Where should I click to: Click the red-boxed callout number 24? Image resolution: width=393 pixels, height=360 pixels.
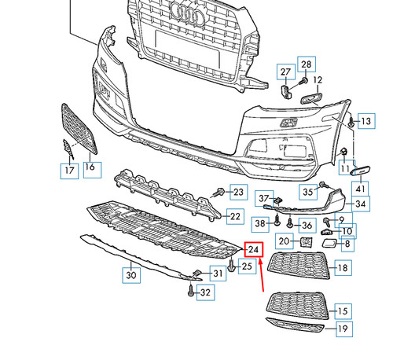click(x=252, y=250)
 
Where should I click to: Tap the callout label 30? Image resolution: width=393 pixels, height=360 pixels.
click(x=131, y=275)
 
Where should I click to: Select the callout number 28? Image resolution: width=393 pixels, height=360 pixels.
click(x=306, y=64)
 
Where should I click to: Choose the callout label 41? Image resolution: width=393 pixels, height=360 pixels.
click(x=361, y=188)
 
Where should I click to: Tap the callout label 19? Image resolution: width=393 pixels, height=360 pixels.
click(x=342, y=329)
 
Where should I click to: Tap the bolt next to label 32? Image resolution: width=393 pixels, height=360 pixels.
click(x=191, y=291)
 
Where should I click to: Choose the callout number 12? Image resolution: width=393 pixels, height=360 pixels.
click(x=318, y=80)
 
